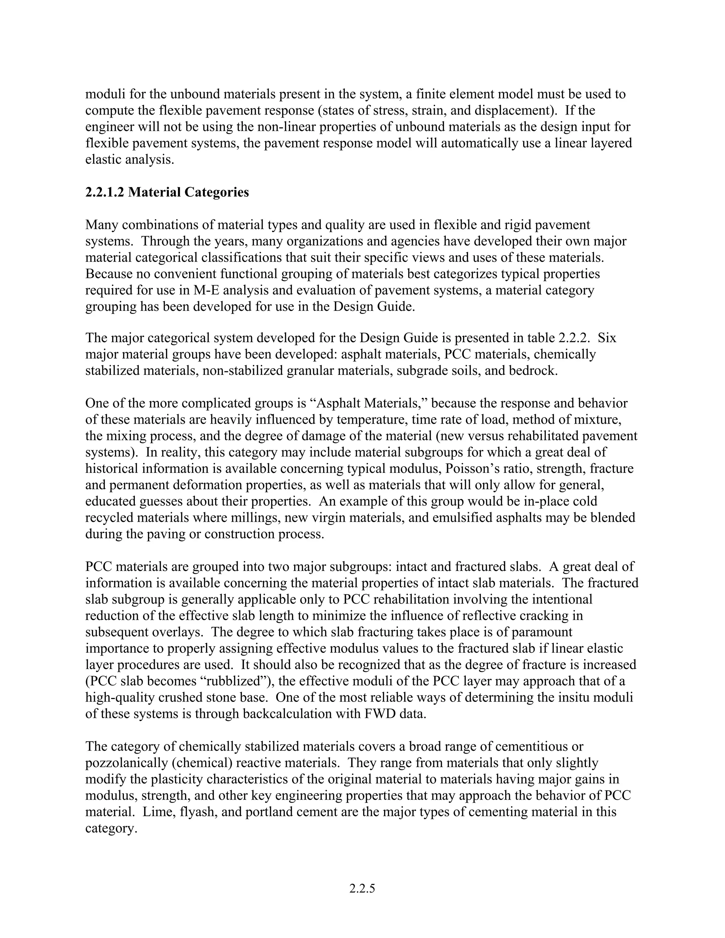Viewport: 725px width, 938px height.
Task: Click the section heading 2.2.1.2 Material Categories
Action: pyautogui.click(x=167, y=192)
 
